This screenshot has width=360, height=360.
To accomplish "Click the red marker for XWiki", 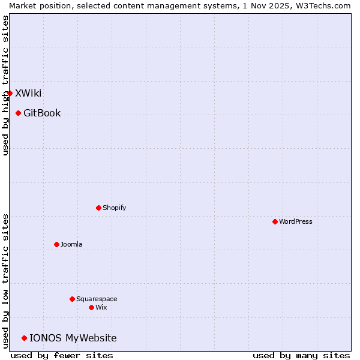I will tap(10, 93).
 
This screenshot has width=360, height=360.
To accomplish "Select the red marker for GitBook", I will tap(18, 113).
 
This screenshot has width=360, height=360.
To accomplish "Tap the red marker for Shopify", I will tap(98, 208).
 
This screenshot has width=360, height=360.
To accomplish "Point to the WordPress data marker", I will tap(275, 221).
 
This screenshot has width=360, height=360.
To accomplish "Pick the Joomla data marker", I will tap(56, 244).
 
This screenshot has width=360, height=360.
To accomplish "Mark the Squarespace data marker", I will tap(72, 299).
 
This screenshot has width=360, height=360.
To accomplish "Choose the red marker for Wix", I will tap(91, 307).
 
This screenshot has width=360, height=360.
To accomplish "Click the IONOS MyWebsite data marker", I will tap(24, 338).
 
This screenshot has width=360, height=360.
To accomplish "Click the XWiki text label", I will tap(28, 93).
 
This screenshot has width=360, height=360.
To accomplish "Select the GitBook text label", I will tap(42, 113).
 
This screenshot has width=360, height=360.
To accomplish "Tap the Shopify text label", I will tap(114, 208).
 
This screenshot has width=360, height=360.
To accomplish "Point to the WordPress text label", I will tap(295, 221).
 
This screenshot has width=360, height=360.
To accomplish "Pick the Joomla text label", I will tap(71, 244).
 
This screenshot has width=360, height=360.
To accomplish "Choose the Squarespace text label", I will tap(97, 299).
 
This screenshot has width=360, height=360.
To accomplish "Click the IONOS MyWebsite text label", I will tap(73, 338).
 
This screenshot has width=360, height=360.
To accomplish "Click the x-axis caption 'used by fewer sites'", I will tap(62, 355).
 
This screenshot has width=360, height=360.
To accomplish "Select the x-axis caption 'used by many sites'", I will tap(301, 355).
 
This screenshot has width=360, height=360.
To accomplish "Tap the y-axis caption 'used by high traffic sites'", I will tap(5, 85).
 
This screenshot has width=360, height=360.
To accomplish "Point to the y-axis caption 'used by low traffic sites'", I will tap(5, 281).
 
